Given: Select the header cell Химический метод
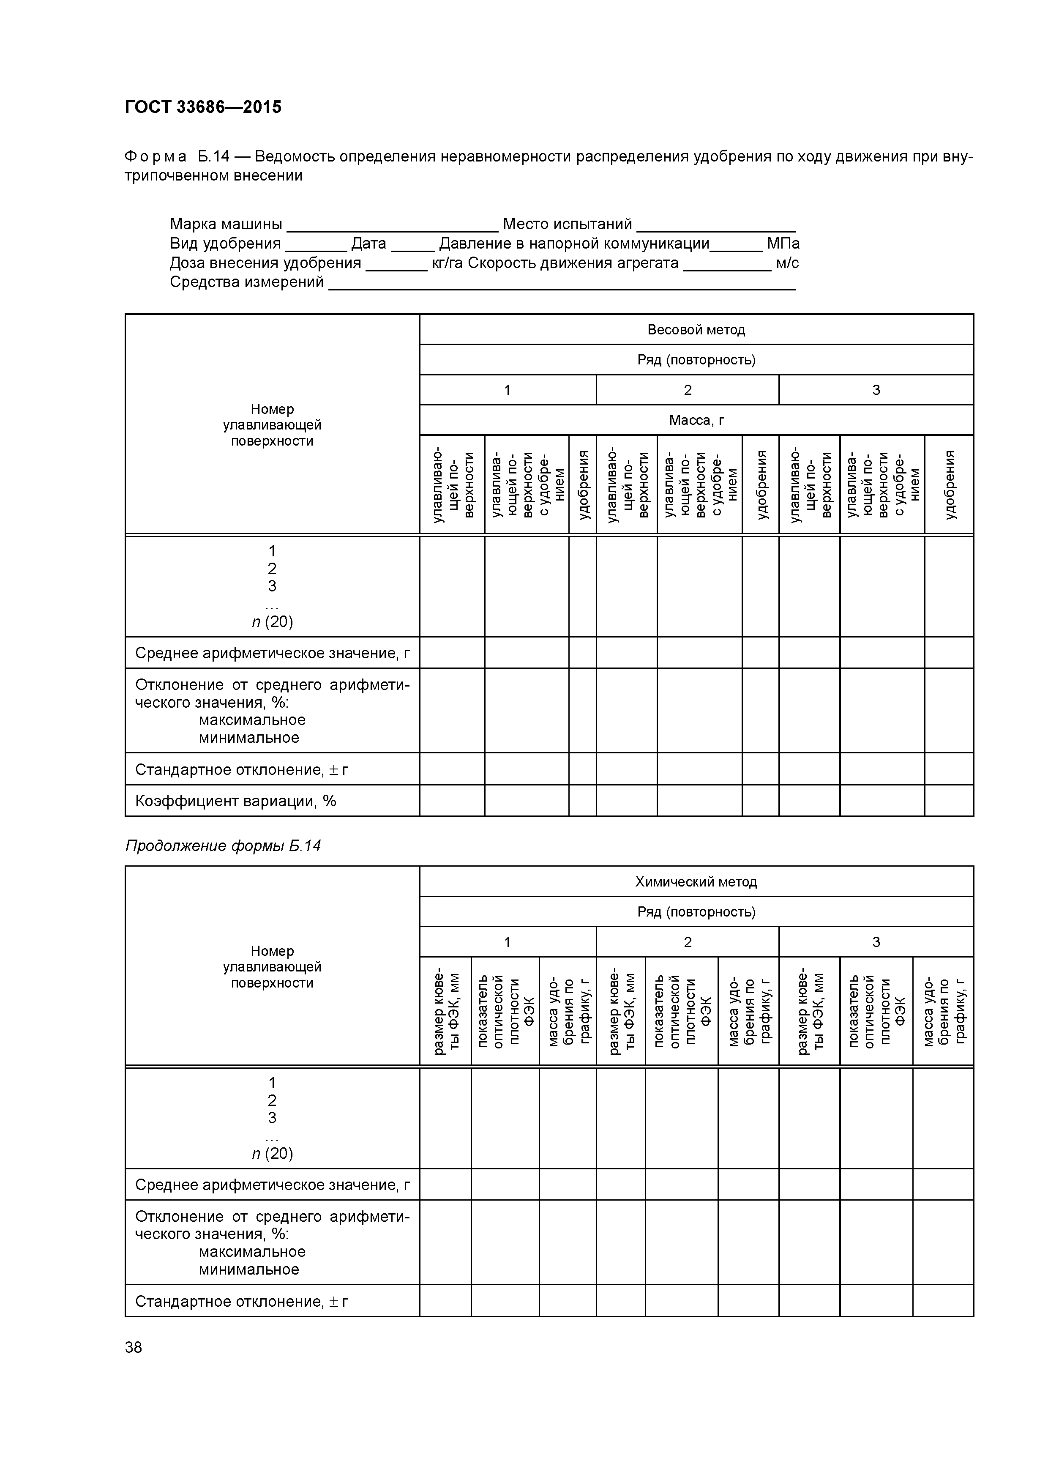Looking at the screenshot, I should [696, 882].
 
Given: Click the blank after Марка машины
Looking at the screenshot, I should [392, 225].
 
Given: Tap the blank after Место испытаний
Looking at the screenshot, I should [715, 225].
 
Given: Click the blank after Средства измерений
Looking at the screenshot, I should [561, 283].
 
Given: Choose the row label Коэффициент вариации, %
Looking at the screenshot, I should [236, 801].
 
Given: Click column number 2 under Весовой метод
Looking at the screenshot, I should [687, 390].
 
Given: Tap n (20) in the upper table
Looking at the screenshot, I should [272, 622].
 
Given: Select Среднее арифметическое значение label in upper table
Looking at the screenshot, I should [272, 653].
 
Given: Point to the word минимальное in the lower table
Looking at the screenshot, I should [248, 1269].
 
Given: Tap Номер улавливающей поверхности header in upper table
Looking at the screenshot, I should [272, 425].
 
